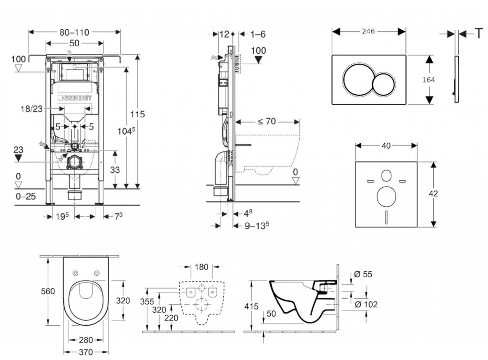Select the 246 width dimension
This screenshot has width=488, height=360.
(x=368, y=31)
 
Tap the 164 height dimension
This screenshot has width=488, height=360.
(x=428, y=80)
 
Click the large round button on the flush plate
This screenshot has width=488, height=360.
(x=357, y=79)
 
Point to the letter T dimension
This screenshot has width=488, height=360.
(x=478, y=33)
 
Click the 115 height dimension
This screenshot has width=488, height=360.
(x=138, y=114)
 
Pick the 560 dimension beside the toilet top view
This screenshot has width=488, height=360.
(x=47, y=291)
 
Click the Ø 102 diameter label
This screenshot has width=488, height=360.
(x=367, y=304)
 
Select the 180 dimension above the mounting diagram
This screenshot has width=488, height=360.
(x=202, y=267)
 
